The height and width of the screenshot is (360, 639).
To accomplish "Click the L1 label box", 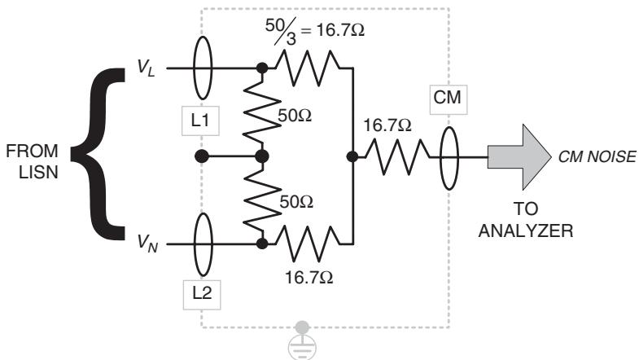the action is [200, 121].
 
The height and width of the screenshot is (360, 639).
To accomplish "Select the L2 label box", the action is [202, 294].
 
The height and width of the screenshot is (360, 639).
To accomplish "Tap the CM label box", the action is [449, 99].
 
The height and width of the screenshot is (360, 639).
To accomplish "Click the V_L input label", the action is [147, 68].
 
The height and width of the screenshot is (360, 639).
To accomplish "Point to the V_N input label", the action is [147, 244].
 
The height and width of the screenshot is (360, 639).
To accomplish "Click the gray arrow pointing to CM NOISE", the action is [519, 157].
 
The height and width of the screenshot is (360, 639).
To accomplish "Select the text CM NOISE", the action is [597, 157].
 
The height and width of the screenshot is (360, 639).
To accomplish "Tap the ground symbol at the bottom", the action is [302, 342].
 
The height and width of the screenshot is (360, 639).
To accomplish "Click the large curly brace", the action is [97, 154].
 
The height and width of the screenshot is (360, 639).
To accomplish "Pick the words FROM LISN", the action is [33, 162].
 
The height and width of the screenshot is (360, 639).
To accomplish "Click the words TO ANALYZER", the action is [526, 220].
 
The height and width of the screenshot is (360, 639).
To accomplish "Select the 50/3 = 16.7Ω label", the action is [314, 31].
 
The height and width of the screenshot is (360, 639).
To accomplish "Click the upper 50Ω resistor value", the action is [295, 116].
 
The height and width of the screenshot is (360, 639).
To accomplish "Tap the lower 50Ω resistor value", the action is [296, 202].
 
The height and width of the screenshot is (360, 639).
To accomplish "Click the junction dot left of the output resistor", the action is [352, 156].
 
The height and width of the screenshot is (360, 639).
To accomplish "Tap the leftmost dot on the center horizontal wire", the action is [202, 156].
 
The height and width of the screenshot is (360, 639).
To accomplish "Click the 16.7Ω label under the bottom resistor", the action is [309, 278].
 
